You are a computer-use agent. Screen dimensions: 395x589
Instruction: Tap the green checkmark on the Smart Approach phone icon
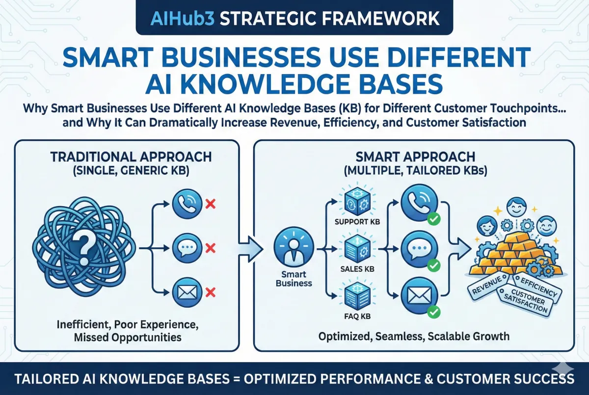click(433, 219)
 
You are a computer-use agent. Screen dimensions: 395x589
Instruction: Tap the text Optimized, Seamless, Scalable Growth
click(414, 337)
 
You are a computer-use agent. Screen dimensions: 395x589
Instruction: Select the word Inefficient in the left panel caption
click(80, 324)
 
